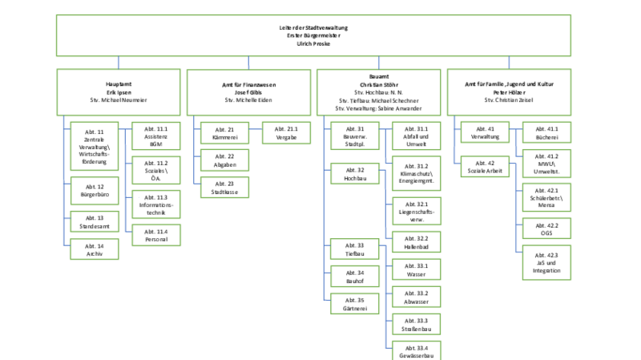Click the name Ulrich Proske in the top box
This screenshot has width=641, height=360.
(x=313, y=44)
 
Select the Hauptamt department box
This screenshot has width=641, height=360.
(x=119, y=92)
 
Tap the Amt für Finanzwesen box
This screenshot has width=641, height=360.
(x=248, y=92)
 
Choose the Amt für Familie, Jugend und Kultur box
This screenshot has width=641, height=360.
(x=510, y=92)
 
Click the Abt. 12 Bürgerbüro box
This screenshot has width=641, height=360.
(x=95, y=192)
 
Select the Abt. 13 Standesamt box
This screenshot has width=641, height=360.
(x=95, y=222)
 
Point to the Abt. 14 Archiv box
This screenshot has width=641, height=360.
(x=95, y=250)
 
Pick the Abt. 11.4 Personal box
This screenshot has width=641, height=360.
(x=156, y=235)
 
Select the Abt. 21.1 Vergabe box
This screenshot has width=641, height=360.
(x=286, y=132)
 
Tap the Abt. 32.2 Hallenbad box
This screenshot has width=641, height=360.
(x=417, y=243)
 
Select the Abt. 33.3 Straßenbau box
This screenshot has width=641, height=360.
(x=417, y=324)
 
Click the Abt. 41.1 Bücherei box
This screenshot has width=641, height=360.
(x=546, y=134)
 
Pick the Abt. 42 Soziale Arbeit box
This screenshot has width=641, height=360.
(x=486, y=167)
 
